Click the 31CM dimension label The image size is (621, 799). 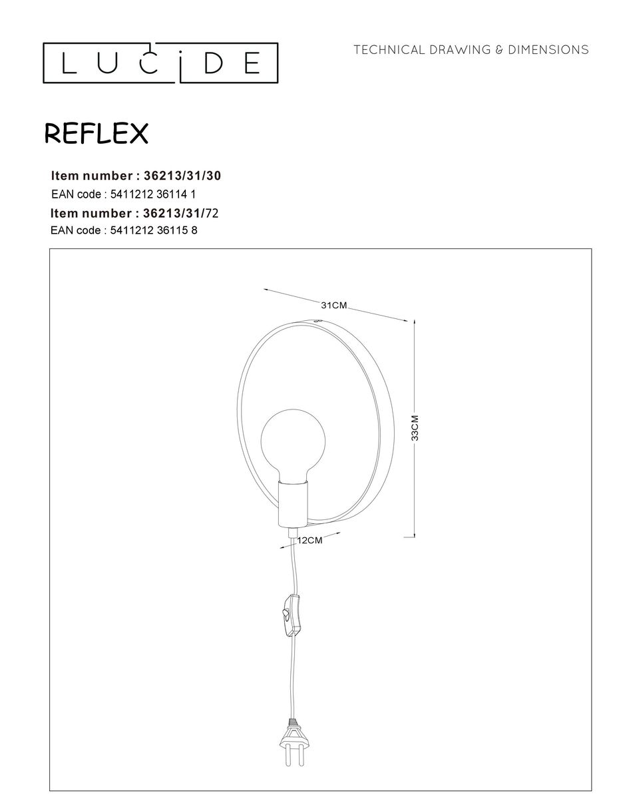[x=333, y=306]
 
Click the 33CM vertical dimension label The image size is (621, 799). [x=415, y=429]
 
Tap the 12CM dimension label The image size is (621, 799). [x=310, y=541]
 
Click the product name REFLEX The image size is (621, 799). [x=96, y=134]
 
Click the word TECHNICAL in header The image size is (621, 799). [x=389, y=50]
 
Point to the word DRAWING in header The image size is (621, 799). [x=461, y=50]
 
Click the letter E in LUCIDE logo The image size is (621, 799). [x=252, y=63]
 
